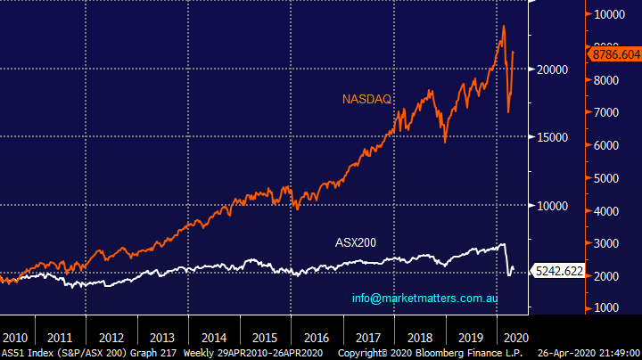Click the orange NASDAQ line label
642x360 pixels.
click(367, 98)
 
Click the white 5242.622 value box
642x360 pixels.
click(558, 269)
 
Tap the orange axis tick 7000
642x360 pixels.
click(610, 113)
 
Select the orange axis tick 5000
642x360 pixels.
click(610, 178)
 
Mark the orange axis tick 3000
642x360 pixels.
click(610, 243)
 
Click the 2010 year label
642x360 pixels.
click(14, 338)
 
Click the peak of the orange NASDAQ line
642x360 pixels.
click(504, 26)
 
